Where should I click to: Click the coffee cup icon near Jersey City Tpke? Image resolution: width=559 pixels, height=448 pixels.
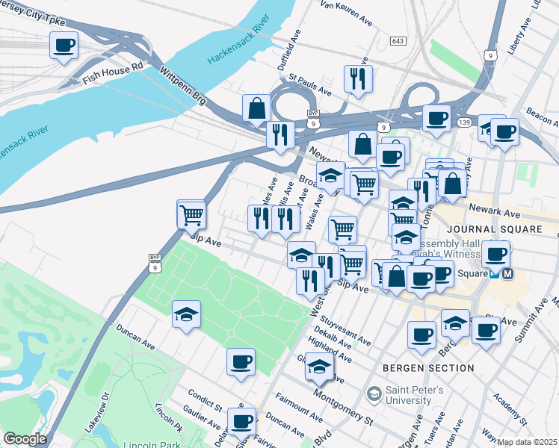coord(64,46)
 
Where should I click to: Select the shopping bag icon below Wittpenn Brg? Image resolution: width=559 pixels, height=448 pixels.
coord(256,108)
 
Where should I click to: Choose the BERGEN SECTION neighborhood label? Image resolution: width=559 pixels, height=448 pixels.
coord(427,368)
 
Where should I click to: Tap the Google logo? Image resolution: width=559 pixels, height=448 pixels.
coord(24,439)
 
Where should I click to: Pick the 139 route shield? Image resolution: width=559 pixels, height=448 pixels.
coord(464,122)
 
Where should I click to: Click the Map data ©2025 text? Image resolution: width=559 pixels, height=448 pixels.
coord(527,442)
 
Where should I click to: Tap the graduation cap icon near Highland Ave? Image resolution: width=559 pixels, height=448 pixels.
coord(320,367)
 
